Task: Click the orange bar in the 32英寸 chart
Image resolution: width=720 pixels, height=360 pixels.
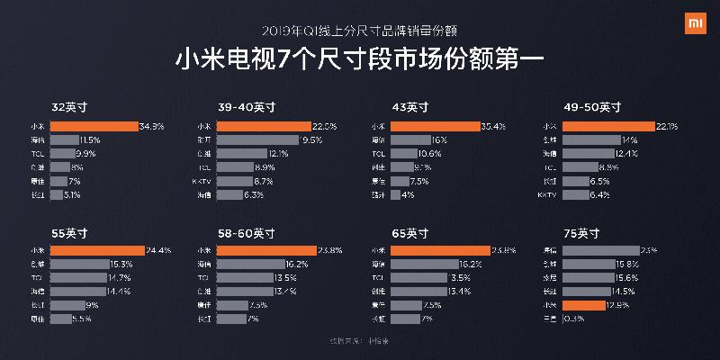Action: click(94, 126)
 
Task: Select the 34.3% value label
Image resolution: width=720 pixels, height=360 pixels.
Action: click(151, 126)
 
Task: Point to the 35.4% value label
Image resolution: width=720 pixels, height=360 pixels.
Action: click(494, 126)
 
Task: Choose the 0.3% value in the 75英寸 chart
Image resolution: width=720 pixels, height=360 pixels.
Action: click(570, 319)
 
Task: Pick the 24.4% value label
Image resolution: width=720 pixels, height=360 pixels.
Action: click(157, 250)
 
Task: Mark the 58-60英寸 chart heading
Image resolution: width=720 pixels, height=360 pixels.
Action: click(247, 232)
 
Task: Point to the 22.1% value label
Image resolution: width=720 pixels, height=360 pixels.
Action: click(667, 126)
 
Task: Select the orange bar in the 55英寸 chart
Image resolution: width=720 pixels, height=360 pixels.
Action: click(97, 250)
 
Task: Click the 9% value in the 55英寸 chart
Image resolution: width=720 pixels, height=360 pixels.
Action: click(91, 305)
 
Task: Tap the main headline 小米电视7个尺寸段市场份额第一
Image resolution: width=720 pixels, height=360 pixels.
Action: click(359, 61)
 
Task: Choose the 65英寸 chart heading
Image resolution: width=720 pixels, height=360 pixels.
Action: click(409, 232)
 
